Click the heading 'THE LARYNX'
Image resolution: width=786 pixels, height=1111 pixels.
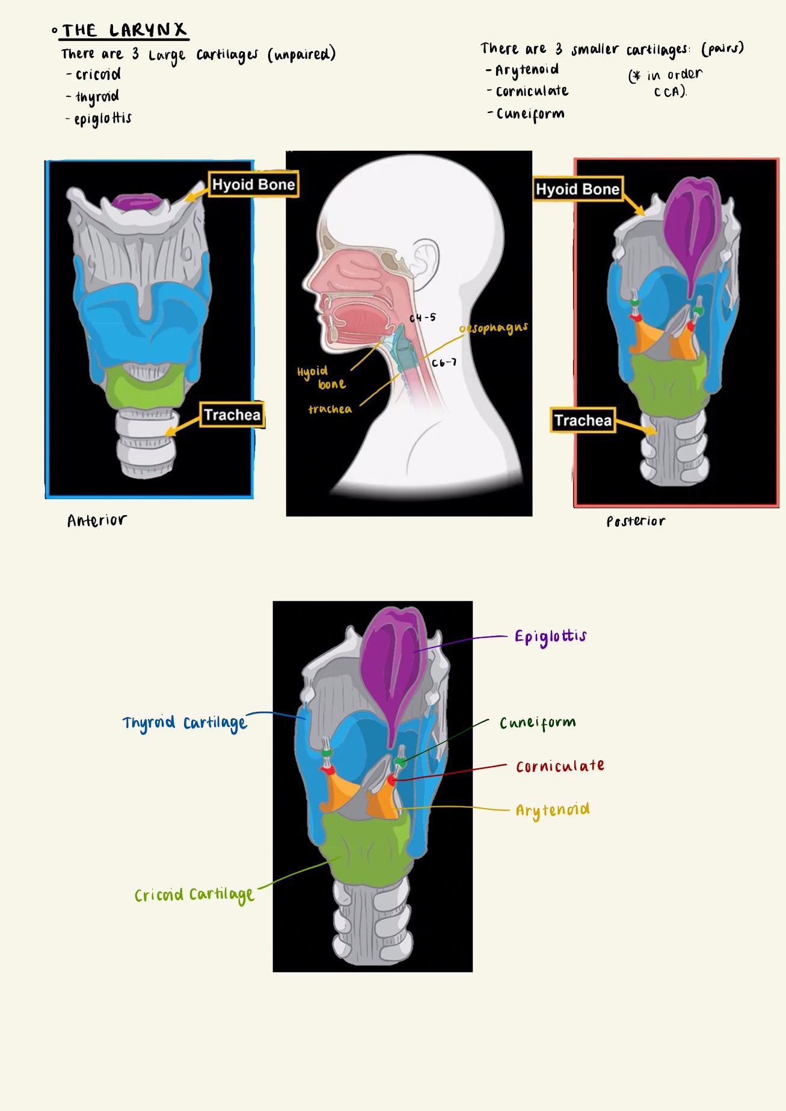[124, 30]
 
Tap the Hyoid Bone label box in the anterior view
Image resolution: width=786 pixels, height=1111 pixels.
[253, 185]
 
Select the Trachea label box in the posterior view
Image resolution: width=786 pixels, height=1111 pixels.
[582, 420]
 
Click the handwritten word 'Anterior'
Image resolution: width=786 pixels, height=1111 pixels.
[97, 521]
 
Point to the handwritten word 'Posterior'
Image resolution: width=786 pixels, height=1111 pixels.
[636, 522]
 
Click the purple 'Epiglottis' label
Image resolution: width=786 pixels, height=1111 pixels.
[550, 637]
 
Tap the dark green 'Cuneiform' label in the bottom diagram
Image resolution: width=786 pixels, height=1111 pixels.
[538, 723]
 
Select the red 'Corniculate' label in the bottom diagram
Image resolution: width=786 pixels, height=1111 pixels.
[560, 767]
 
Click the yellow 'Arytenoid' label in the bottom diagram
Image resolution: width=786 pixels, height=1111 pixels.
[552, 810]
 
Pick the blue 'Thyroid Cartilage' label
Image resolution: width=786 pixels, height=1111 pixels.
[185, 723]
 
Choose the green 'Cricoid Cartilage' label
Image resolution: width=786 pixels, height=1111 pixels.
[194, 895]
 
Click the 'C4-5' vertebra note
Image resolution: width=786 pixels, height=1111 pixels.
[423, 317]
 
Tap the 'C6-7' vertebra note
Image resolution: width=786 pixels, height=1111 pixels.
[444, 363]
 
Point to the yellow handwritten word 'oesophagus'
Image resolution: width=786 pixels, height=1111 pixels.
[494, 328]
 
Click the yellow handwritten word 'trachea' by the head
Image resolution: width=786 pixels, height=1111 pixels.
[330, 409]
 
